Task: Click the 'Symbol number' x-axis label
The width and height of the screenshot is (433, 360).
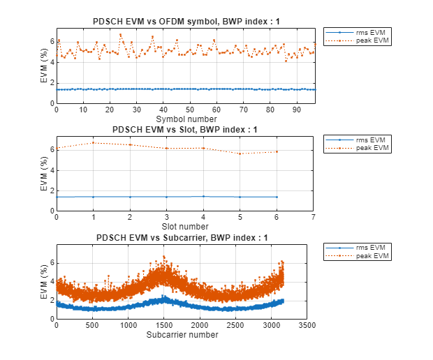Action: tap(185, 119)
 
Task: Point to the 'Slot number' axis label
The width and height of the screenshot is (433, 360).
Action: tap(185, 226)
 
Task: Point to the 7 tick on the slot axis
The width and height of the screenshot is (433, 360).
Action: tap(314, 217)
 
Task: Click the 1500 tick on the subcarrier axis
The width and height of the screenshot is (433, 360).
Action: tap(163, 325)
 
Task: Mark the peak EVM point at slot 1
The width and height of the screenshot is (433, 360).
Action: tap(93, 143)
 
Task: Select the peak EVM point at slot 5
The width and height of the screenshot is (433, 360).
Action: tap(240, 153)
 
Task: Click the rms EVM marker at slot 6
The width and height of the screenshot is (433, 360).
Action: tap(277, 197)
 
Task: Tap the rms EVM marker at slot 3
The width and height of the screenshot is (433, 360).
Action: tap(166, 197)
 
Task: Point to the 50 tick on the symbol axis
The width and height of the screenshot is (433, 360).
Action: tap(190, 110)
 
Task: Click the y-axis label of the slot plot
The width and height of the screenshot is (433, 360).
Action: tap(43, 179)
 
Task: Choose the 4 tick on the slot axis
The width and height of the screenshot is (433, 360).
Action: tap(203, 217)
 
